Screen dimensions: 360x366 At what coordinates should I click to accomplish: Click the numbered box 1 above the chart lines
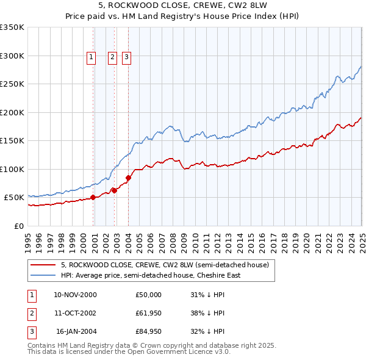(91, 58)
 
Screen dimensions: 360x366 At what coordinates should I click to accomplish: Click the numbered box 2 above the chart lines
(113, 58)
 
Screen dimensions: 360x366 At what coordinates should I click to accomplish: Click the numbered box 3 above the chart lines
(126, 58)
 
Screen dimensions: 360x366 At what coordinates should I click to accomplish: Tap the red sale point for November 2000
(93, 197)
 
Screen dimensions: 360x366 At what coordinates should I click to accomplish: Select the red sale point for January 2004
(128, 178)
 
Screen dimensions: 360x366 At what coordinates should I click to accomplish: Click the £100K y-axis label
(12, 169)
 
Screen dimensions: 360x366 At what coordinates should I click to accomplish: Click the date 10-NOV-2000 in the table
(75, 295)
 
